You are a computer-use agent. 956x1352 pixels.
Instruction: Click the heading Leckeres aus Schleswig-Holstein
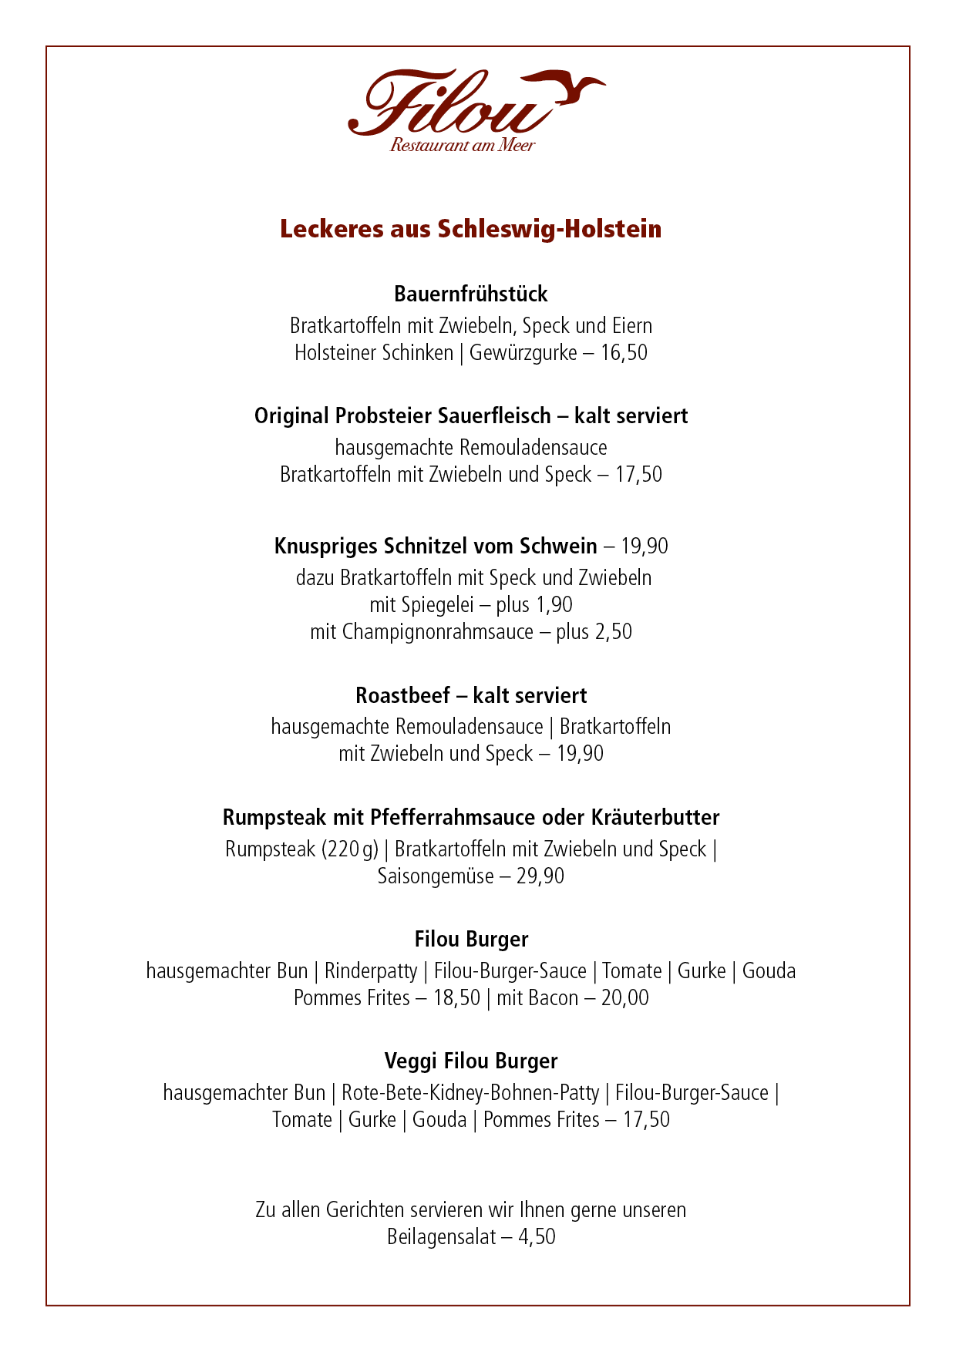click(470, 229)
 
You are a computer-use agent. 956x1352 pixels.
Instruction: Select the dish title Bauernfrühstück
click(470, 294)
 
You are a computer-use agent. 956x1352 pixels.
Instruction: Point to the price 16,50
click(624, 353)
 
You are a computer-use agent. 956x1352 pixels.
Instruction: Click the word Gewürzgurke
click(523, 353)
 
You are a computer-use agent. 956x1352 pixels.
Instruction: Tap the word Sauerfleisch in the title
click(494, 415)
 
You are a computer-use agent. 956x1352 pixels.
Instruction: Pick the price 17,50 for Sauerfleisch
click(638, 474)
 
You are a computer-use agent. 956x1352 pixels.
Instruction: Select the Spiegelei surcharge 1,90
click(554, 605)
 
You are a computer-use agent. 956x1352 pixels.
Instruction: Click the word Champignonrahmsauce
click(438, 632)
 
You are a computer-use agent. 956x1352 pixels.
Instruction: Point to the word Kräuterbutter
click(655, 817)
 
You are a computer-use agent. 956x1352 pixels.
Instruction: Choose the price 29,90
click(540, 876)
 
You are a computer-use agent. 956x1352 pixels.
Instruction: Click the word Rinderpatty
click(371, 971)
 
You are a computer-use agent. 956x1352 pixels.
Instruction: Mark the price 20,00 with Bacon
click(625, 998)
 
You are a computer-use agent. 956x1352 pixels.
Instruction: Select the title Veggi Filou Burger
click(470, 1061)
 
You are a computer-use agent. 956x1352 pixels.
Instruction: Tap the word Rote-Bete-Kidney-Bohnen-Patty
click(470, 1093)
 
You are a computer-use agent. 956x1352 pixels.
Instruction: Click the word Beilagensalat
click(441, 1237)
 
